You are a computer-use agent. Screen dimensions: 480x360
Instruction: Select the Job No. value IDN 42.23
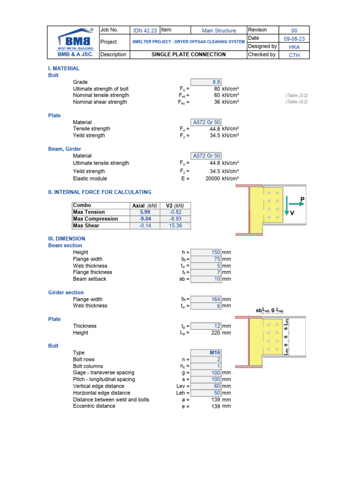[x=145, y=31]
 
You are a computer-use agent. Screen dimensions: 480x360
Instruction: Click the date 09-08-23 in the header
[x=294, y=39]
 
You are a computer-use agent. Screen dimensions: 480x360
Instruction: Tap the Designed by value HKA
[x=294, y=47]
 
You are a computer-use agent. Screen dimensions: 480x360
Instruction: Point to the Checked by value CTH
[x=294, y=55]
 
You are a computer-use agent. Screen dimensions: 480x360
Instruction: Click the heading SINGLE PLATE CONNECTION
[x=188, y=54]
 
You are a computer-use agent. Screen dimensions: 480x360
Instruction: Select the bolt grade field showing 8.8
[x=206, y=82]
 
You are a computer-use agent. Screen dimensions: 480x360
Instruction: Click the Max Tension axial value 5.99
[x=145, y=212]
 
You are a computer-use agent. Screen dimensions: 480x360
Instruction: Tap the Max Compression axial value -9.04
[x=145, y=219]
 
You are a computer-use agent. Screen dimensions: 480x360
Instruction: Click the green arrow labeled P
[x=296, y=204]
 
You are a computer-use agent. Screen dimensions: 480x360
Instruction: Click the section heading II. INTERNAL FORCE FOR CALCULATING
[x=100, y=192]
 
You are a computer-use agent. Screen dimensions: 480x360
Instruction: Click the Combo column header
[x=82, y=205]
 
